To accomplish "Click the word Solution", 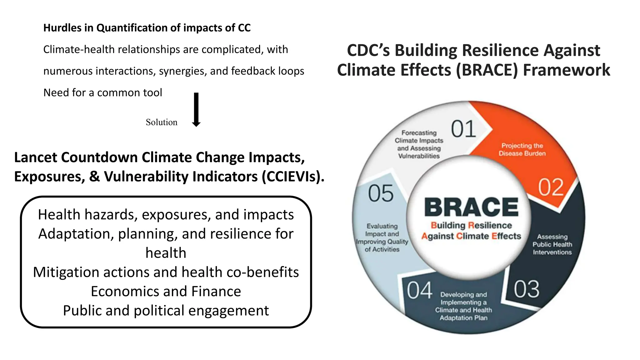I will tap(161, 122).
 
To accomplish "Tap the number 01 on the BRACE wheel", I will tap(463, 129).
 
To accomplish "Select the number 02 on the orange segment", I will tap(551, 187).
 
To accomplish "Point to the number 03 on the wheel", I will tap(527, 289).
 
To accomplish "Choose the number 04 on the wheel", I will tap(419, 291).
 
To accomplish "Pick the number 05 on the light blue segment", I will tap(381, 193).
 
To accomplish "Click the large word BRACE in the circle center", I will tap(471, 207).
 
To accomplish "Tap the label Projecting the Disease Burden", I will tap(522, 150).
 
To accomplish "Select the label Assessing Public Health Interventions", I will tap(552, 244).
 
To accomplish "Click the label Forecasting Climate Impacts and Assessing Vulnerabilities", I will tap(419, 144).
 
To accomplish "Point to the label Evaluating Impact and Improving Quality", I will tap(382, 237).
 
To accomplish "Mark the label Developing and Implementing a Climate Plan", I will tap(463, 306).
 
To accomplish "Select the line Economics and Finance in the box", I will tap(166, 291).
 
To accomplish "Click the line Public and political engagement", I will tap(166, 311).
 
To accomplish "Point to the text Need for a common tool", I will tap(102, 93).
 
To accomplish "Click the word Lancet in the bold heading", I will tap(36, 157).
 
